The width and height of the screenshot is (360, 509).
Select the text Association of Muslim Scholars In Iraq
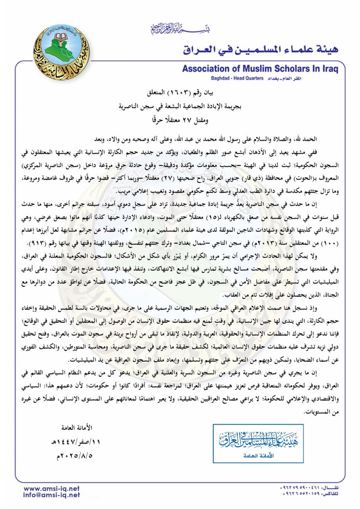click(259, 69)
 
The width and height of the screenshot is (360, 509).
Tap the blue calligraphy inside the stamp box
click(258, 440)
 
